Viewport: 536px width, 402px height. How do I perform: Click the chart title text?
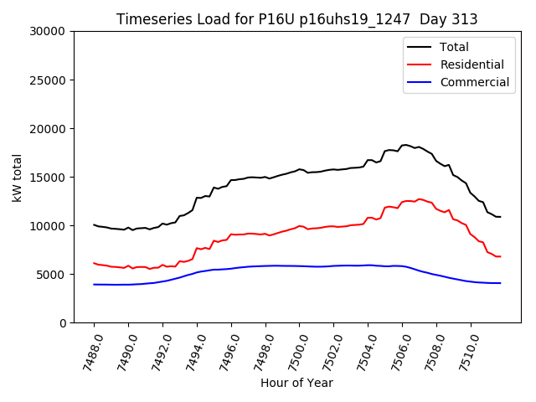click(x=296, y=19)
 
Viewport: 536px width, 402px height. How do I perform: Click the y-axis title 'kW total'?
click(x=17, y=177)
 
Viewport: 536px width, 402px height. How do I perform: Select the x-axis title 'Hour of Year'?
click(x=296, y=383)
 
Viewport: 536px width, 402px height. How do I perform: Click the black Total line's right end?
click(x=500, y=217)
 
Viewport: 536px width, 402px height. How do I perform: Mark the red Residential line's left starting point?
click(x=94, y=263)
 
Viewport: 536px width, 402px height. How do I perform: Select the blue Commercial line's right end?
click(x=500, y=283)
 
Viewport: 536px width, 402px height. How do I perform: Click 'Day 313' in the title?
click(x=453, y=19)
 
